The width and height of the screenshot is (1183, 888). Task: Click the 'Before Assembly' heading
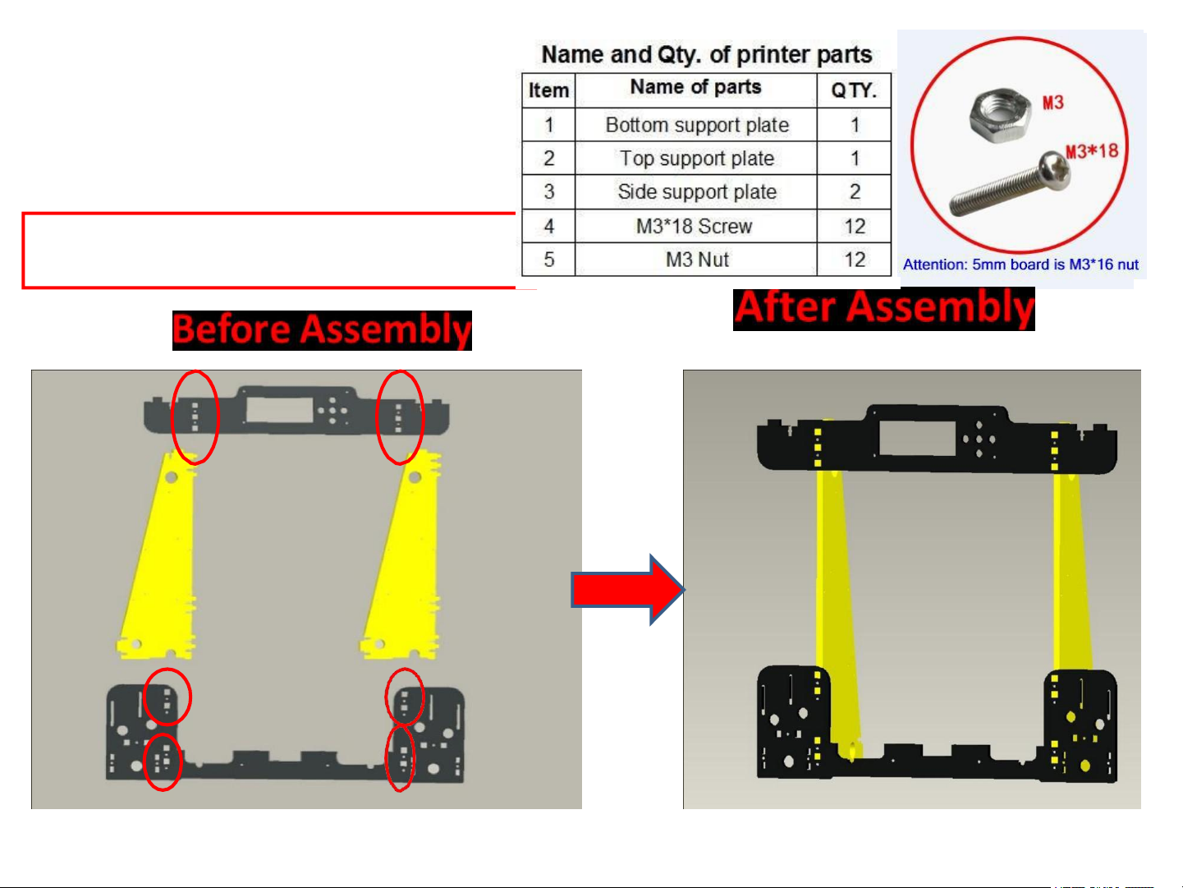coord(322,330)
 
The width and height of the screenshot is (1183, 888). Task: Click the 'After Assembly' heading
coord(883,309)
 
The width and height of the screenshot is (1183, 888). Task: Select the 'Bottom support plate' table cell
coord(696,125)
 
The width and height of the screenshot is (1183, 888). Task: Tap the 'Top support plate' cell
coord(696,159)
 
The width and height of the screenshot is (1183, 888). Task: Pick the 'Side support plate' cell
coord(696,192)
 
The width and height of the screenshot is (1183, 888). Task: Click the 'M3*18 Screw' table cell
coord(695,226)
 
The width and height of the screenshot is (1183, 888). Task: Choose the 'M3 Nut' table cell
coord(696,260)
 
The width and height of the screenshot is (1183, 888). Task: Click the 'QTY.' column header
coord(854,90)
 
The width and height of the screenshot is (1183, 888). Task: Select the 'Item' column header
coord(548,90)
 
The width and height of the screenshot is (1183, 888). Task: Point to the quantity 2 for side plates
coord(855,192)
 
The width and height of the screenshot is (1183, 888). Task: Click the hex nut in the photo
coord(999,116)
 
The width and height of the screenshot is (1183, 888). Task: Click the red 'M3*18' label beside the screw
coord(1092,151)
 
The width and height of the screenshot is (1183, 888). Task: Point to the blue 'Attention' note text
coord(1020,265)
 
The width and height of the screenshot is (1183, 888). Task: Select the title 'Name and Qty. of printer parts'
coord(706,55)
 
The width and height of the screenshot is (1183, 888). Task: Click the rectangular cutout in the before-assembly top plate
coord(279,410)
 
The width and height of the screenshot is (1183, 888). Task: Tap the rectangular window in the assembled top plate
coord(917,439)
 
